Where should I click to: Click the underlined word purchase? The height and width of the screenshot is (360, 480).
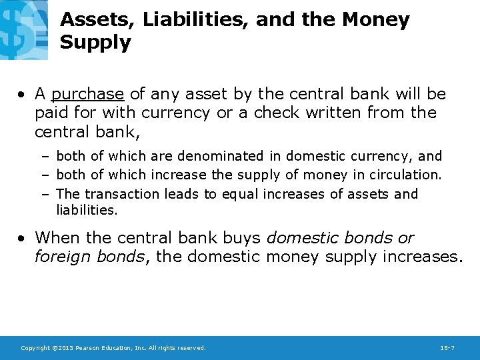(87, 95)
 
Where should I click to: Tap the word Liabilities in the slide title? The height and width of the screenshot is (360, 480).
(195, 20)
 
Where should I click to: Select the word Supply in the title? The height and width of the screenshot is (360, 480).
(95, 43)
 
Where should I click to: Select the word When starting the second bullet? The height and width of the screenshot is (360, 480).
(59, 238)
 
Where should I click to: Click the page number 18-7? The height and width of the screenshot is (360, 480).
(448, 348)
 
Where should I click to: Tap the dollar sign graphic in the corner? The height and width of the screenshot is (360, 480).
(24, 30)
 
